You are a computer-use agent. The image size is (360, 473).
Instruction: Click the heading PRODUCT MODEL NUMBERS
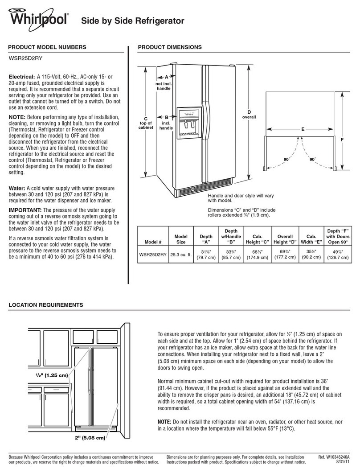coord(45,47)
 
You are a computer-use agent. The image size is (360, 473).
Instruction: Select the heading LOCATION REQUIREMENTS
coord(46,305)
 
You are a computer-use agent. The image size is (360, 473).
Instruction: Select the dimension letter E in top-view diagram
coord(302,129)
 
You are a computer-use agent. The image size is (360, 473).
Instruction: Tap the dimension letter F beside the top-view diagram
coord(343,140)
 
